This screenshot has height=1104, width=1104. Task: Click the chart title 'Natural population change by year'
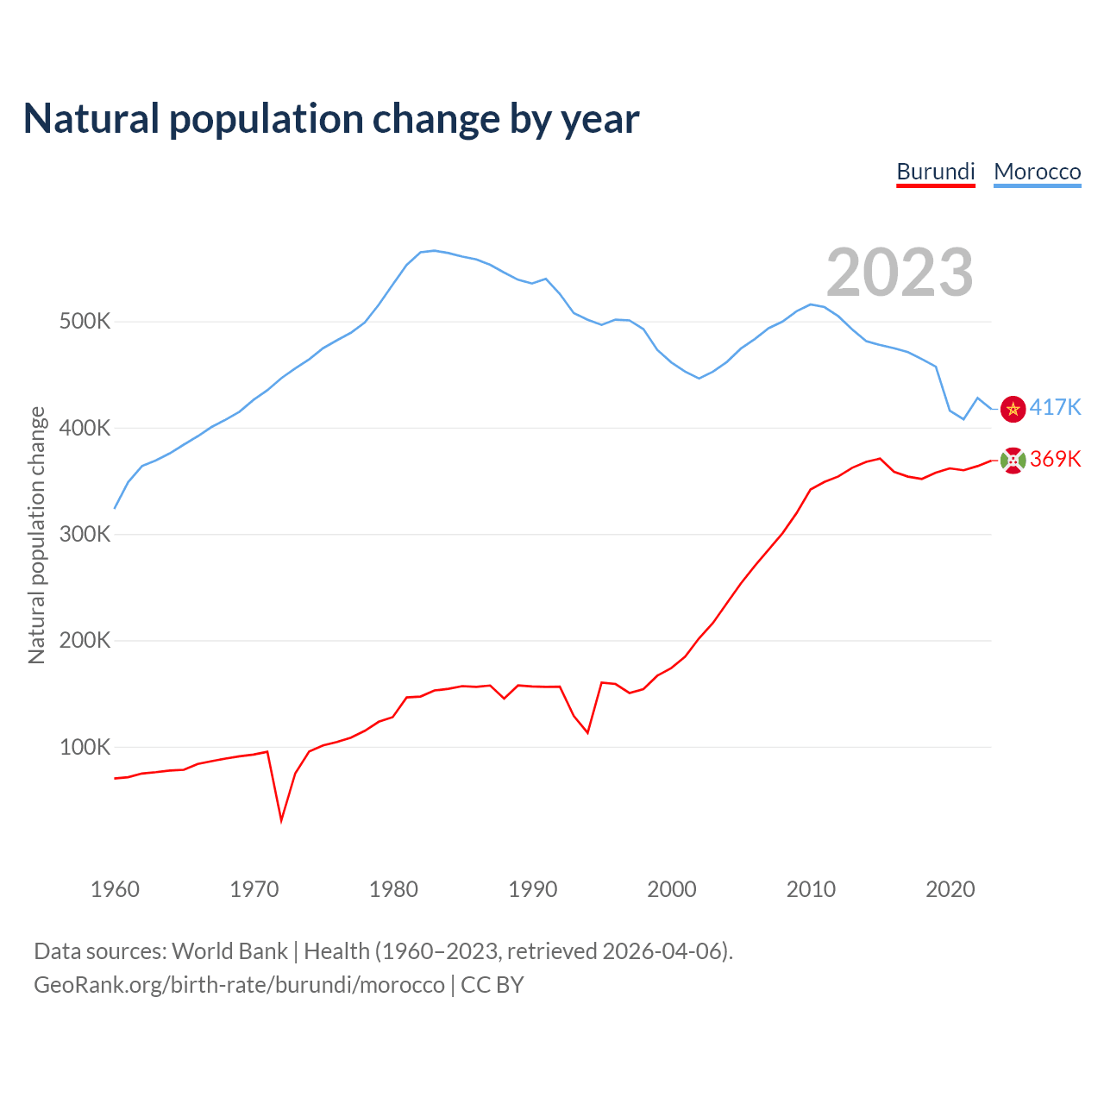coord(331,119)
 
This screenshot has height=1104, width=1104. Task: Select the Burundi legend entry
coord(936,172)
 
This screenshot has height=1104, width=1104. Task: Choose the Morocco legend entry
coord(1038,172)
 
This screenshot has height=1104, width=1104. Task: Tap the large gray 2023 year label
coord(900,273)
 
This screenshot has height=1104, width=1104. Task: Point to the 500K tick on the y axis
coord(85,322)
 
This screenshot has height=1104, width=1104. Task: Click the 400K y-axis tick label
coord(85,428)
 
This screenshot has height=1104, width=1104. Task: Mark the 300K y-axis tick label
coord(85,534)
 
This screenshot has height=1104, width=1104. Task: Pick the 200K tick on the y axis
coord(85,641)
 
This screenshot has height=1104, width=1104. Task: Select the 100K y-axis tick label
coord(85,747)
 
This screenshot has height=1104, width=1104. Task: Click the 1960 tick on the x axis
coord(115,889)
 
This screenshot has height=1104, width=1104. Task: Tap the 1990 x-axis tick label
coord(533,889)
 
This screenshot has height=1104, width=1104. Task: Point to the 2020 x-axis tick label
coord(950,889)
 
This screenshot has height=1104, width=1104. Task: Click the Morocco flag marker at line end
coord(1013,409)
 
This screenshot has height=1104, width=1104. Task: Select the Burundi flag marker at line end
coord(1013,461)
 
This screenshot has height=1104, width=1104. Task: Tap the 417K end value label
coord(1055,407)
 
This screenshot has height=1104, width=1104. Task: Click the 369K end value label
coord(1055,459)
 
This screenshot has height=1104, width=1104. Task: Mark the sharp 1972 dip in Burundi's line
coord(281,819)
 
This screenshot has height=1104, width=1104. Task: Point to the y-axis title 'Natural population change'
coord(37,535)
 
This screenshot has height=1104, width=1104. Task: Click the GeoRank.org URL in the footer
coord(239,985)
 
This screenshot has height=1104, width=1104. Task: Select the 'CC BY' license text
coord(492,985)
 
